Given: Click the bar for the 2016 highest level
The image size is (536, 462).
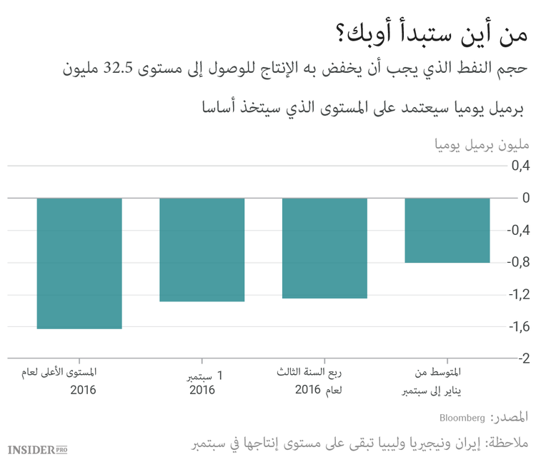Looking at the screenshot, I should [x=79, y=263].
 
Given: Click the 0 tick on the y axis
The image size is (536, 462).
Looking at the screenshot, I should [x=525, y=198].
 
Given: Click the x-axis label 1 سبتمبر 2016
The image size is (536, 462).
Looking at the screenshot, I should [x=202, y=382].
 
